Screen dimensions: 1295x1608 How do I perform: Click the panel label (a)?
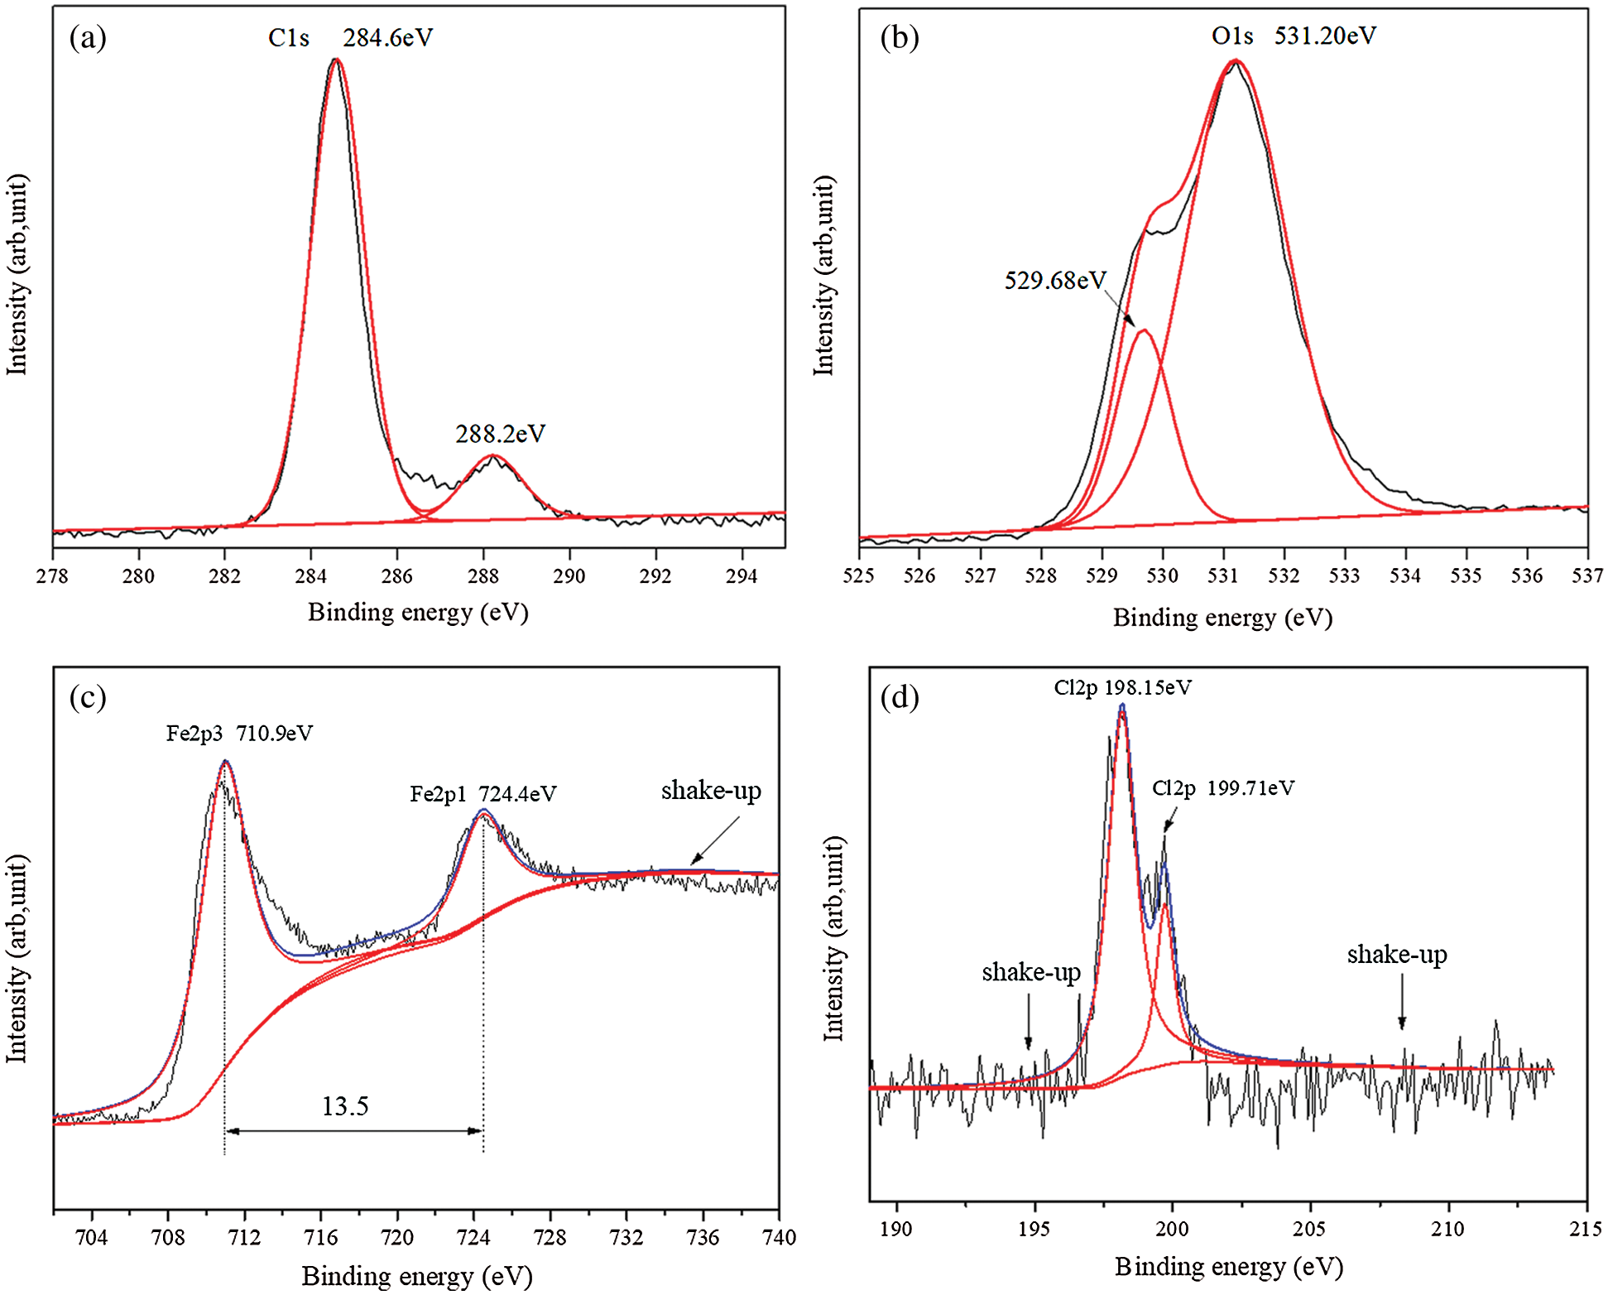pos(88,37)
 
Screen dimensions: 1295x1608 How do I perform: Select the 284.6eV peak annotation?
pos(387,38)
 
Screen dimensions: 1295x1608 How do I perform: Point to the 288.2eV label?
pos(500,434)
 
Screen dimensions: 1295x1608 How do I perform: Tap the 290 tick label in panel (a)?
pos(569,576)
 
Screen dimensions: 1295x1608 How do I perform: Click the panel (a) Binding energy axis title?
pos(418,613)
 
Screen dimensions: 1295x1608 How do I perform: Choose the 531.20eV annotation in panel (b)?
pos(1324,36)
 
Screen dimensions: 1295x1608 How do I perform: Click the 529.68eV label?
pos(1054,281)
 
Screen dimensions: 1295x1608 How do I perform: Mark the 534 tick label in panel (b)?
pos(1405,575)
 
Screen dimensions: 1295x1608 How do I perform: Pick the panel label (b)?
pos(900,37)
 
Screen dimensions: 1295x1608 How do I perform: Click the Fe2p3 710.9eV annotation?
pos(239,734)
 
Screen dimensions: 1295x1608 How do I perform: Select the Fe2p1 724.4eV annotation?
pos(483,795)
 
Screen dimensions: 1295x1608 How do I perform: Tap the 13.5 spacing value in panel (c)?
pos(345,1106)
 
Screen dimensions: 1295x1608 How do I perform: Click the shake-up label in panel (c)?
pos(711,791)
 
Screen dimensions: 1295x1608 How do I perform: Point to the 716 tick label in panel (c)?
pos(320,1238)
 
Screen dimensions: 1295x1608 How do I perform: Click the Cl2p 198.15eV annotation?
pos(1122,688)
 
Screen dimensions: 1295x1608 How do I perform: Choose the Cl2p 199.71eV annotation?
pos(1223,788)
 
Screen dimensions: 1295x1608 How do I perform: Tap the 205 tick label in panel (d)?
pos(1309,1229)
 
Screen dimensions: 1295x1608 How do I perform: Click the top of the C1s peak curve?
pos(335,60)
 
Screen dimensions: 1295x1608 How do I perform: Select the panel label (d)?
pos(900,698)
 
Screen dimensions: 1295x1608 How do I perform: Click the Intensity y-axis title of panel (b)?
pos(824,276)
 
